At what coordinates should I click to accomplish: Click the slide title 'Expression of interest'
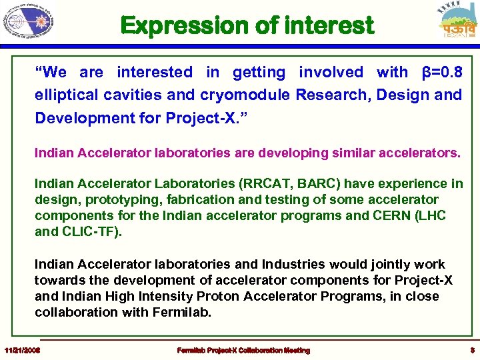[247, 26]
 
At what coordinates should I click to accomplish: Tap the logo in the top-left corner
[28, 21]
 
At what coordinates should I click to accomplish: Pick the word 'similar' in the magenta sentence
[359, 153]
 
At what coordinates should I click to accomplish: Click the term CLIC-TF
[88, 231]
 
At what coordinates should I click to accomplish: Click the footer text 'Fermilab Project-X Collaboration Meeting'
[243, 350]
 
